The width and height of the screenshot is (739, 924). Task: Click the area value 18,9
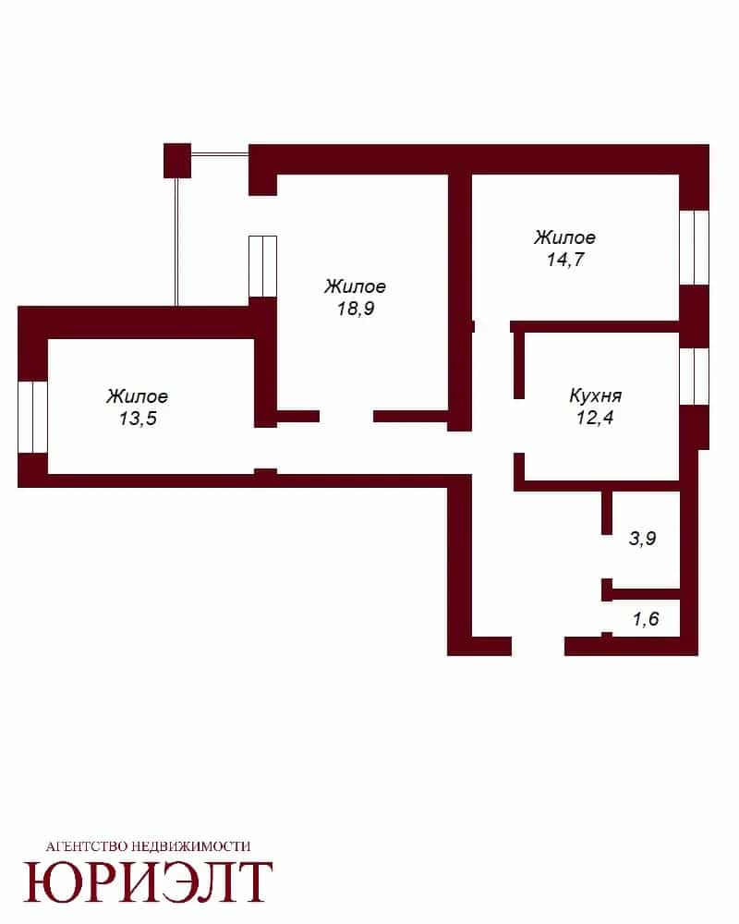(356, 309)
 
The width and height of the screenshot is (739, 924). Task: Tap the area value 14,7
(565, 260)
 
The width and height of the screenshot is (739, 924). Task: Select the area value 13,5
(138, 419)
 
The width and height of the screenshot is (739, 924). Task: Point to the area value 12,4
(595, 418)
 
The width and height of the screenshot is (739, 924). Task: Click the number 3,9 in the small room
(642, 538)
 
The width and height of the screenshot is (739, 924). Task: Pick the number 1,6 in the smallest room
(646, 619)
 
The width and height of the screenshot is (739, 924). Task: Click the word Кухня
(595, 395)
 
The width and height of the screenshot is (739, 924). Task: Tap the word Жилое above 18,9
(355, 286)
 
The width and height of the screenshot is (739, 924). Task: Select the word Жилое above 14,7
(564, 237)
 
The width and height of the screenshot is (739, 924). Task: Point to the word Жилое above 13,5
(138, 396)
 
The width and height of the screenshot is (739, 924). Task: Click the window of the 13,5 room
(32, 418)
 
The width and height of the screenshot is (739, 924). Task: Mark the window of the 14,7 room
(695, 248)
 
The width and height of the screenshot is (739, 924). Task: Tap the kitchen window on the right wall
(695, 377)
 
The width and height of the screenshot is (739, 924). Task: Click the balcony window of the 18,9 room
(263, 266)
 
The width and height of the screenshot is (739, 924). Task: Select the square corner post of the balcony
(177, 160)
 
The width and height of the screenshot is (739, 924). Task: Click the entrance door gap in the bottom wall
(538, 646)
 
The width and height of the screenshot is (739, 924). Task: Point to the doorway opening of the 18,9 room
(346, 417)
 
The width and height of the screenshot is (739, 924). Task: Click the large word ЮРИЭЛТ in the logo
(148, 882)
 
